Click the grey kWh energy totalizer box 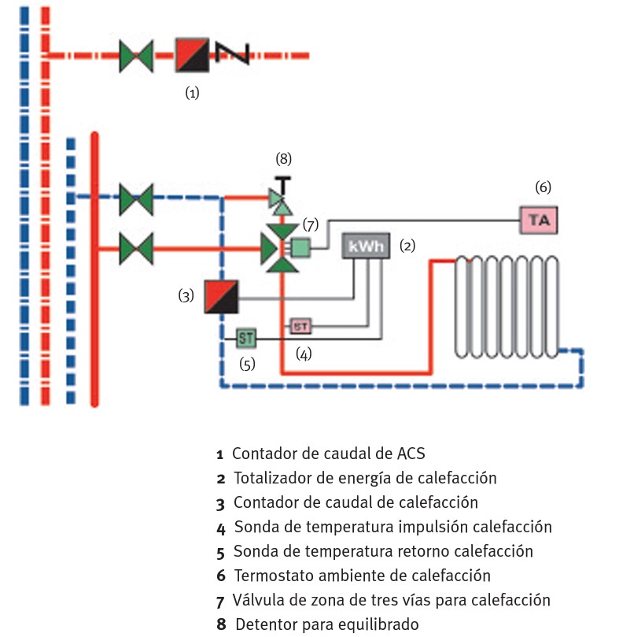coord(367,246)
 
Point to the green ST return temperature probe coord(246,338)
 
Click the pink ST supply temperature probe coord(301,325)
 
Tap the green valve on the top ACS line coord(136,56)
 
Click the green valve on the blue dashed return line coord(135,198)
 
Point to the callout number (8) coord(283,158)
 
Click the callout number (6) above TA coord(543,187)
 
